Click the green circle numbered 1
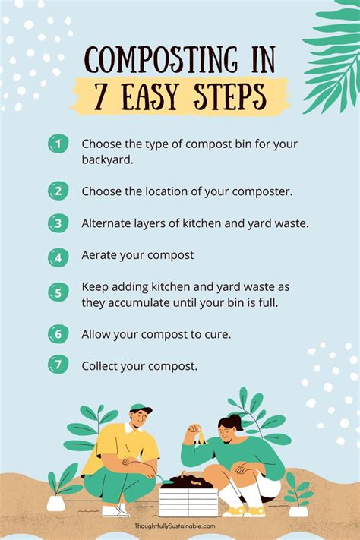click(x=58, y=144)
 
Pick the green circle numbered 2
click(x=58, y=191)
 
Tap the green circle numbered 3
click(x=58, y=223)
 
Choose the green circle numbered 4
click(x=58, y=256)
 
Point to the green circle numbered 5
click(x=58, y=292)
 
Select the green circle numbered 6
click(x=58, y=333)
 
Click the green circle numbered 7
click(x=58, y=365)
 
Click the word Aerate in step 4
click(x=99, y=256)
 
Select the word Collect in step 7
click(x=102, y=365)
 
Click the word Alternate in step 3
click(x=108, y=223)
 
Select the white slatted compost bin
click(x=188, y=501)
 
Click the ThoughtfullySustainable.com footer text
click(x=180, y=526)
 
